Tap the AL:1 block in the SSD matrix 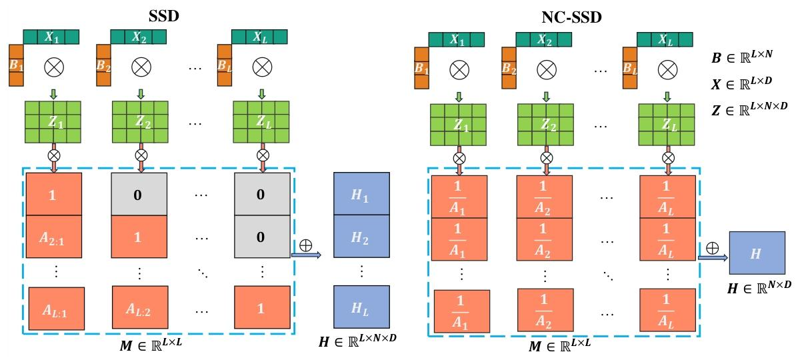point(56,307)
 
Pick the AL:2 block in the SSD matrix point(140,307)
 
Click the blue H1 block point(361,193)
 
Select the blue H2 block point(361,237)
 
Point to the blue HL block point(361,307)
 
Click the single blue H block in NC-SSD point(757,253)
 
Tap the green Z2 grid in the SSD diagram point(140,122)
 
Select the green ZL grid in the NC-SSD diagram point(667,125)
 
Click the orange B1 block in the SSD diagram point(16,65)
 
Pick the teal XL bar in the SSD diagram point(259,36)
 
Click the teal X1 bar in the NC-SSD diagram point(456,40)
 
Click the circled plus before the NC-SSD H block point(712,248)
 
